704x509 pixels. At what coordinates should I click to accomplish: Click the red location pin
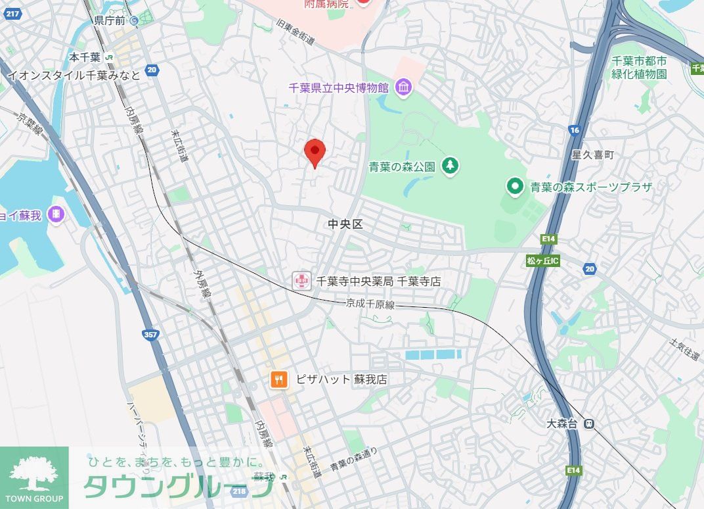[316, 153]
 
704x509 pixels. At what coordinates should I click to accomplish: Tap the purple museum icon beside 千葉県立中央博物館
[403, 86]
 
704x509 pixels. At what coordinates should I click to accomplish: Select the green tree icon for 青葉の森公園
[450, 166]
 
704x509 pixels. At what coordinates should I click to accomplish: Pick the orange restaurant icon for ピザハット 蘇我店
[279, 379]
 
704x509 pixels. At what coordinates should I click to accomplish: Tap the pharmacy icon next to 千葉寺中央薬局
[301, 281]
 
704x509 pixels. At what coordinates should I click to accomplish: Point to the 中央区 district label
[345, 224]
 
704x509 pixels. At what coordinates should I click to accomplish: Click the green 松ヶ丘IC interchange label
[542, 260]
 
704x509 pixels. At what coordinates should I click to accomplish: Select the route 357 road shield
[150, 335]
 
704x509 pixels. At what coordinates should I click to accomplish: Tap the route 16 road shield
[575, 130]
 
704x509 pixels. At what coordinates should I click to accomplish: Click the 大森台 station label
[561, 424]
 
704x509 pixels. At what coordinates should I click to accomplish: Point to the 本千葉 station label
[85, 57]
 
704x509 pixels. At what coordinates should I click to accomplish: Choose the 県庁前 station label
[109, 20]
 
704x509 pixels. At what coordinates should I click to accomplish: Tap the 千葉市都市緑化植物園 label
[639, 67]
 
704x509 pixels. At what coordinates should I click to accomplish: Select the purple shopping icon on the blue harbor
[56, 214]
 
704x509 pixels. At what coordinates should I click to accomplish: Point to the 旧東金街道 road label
[296, 32]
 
